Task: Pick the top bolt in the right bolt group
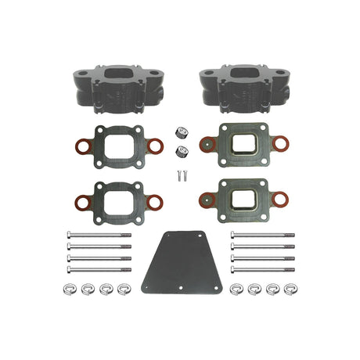pos(263,234)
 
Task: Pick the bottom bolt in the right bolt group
pos(263,269)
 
